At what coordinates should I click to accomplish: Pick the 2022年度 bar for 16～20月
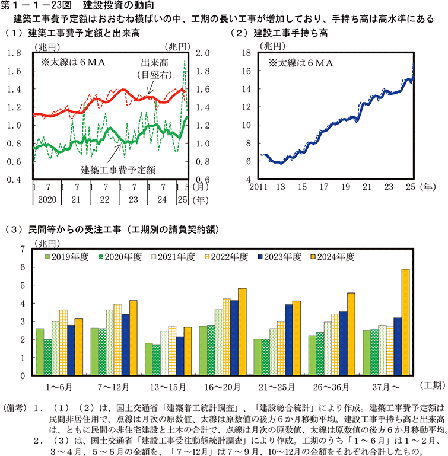pyautogui.click(x=226, y=337)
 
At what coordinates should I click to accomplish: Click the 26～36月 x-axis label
pyautogui.click(x=343, y=386)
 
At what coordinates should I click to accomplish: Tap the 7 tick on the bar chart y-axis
pyautogui.click(x=23, y=249)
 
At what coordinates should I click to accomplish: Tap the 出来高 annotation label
pyautogui.click(x=153, y=62)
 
